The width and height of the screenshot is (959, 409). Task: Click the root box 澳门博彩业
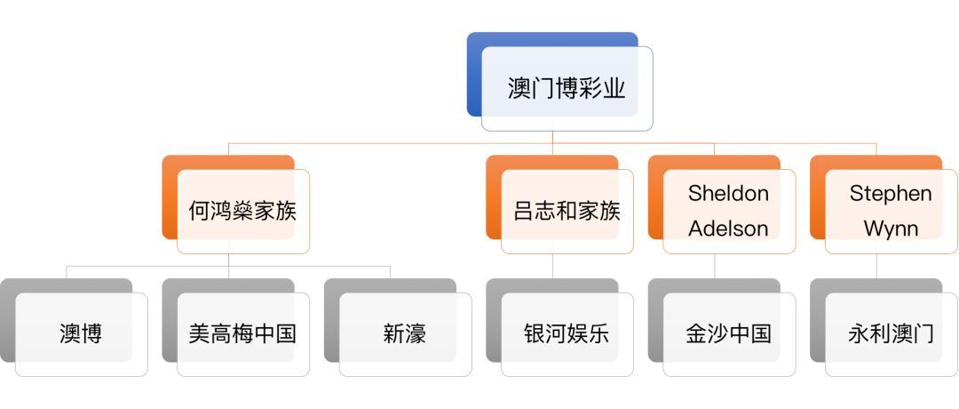[567, 89]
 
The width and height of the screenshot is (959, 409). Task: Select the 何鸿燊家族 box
[243, 212]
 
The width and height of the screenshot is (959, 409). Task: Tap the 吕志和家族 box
[567, 212]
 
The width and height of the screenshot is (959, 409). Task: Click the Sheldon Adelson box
[729, 212]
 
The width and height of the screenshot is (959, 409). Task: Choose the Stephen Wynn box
[892, 212]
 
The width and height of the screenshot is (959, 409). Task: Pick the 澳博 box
[82, 334]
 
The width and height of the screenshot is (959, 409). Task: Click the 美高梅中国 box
[243, 334]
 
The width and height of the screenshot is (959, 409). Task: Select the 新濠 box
[406, 334]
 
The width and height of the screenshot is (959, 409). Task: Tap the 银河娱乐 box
[567, 334]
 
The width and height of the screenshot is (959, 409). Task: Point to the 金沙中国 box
[729, 334]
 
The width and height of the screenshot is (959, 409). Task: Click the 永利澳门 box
[892, 334]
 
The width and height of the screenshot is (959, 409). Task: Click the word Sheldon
[728, 194]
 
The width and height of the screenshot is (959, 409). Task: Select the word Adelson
[728, 229]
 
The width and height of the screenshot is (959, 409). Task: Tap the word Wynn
[892, 229]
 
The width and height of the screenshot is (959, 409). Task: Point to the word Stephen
[892, 194]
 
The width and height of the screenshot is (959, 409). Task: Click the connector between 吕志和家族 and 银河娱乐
[552, 267]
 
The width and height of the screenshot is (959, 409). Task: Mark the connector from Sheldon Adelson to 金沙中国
[714, 267]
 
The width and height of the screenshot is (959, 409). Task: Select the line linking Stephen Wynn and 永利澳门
[876, 267]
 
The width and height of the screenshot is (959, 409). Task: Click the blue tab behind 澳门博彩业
[473, 74]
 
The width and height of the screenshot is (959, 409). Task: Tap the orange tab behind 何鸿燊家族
[169, 196]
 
